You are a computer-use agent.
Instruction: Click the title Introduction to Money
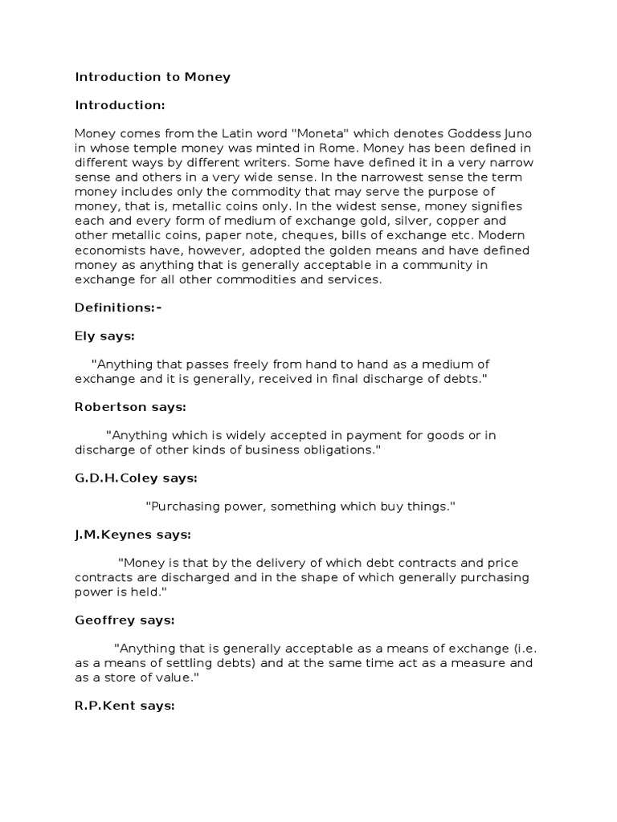(153, 77)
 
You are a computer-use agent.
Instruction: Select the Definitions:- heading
(118, 307)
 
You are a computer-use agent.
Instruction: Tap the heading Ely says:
(104, 336)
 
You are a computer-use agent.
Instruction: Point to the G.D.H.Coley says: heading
(136, 478)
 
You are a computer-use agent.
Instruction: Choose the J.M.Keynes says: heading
(133, 534)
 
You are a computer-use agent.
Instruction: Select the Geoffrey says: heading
(125, 620)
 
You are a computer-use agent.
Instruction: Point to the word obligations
(338, 450)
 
